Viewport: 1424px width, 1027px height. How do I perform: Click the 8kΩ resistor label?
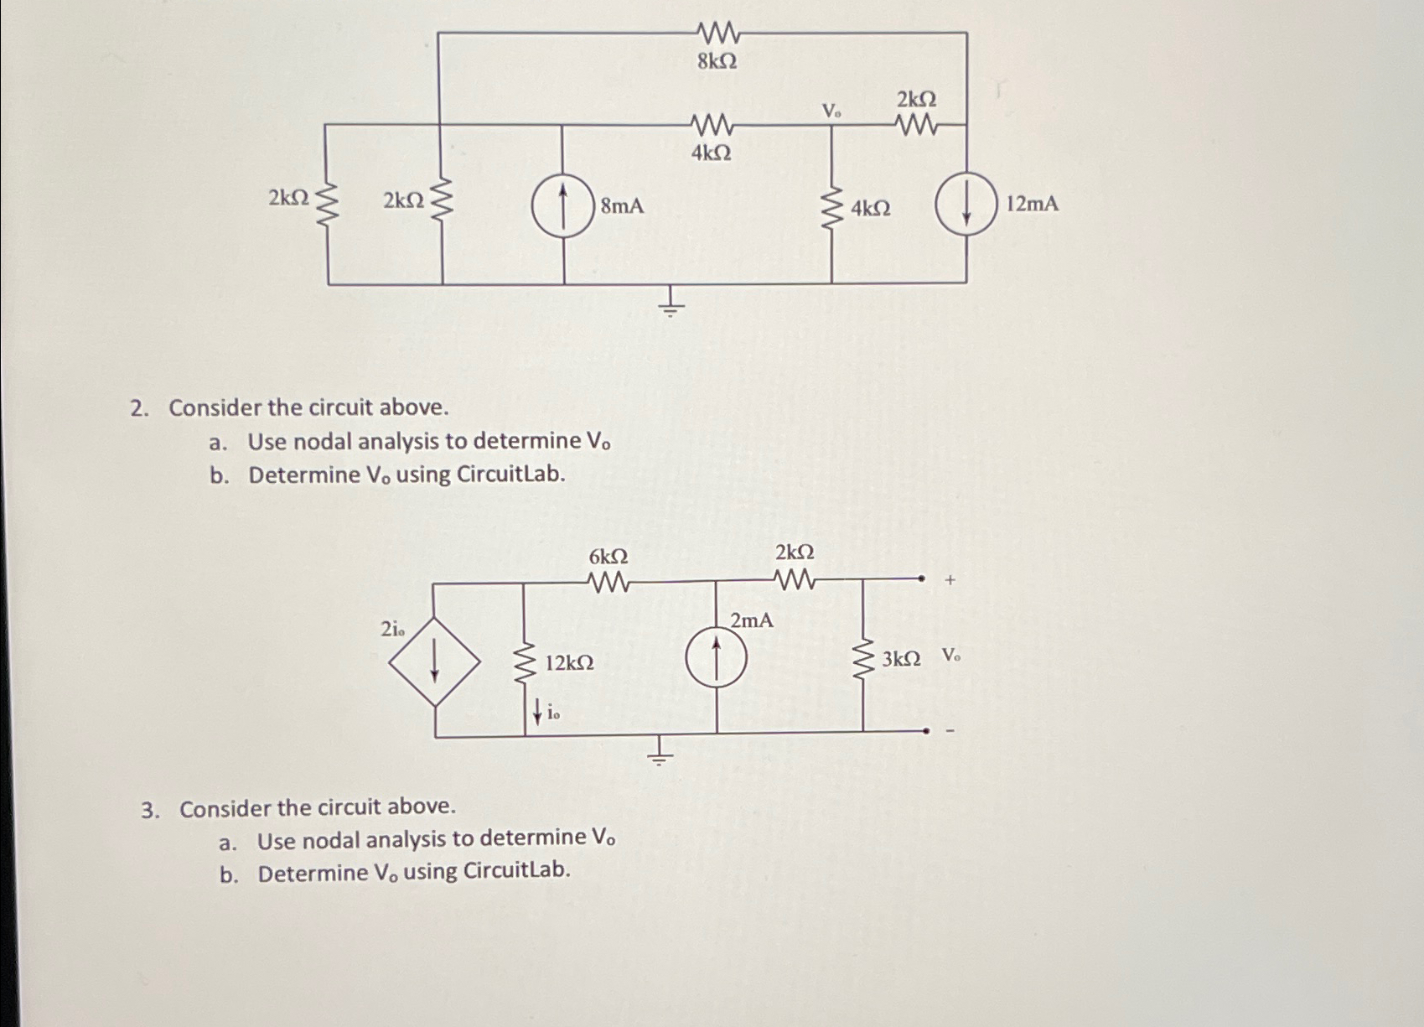(717, 61)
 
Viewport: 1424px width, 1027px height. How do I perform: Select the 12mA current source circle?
(966, 205)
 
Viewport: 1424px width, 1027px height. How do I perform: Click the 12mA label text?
(1032, 204)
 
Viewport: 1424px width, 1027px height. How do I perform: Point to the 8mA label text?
(622, 205)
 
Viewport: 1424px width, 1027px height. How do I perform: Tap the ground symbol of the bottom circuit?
(660, 752)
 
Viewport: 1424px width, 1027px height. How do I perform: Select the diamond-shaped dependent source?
(434, 661)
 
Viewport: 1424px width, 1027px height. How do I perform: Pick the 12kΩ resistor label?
(569, 663)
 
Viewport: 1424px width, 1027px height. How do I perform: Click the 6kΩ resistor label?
(608, 557)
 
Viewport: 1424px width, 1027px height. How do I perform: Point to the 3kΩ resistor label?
(901, 659)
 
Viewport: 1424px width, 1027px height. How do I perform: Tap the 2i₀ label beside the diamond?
(391, 630)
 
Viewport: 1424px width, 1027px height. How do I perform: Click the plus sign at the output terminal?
(950, 579)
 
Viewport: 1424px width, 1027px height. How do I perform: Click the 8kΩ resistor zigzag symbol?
(717, 34)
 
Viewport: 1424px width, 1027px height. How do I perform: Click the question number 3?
(150, 809)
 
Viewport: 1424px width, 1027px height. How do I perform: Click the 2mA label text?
(751, 621)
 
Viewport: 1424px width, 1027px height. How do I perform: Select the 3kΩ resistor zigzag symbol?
(862, 660)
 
